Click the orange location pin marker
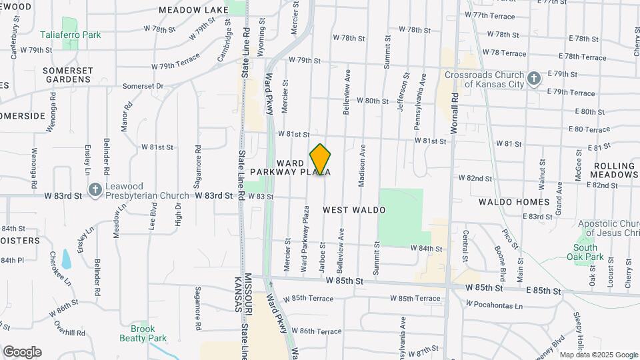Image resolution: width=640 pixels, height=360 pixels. click(x=321, y=159)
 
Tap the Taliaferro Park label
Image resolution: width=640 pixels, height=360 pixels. click(x=79, y=35)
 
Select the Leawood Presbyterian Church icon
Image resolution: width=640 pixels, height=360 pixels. click(x=95, y=190)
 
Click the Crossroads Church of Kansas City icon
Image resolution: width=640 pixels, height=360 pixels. click(x=533, y=79)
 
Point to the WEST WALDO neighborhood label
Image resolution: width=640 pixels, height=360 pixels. click(x=354, y=210)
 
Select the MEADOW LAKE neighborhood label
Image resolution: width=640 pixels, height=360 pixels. click(x=193, y=10)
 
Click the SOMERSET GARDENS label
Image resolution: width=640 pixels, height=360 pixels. click(x=66, y=74)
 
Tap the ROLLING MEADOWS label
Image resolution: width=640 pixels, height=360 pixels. click(x=614, y=170)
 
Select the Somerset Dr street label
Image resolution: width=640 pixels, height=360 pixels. click(x=143, y=86)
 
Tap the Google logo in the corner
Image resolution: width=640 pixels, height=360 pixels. click(x=22, y=352)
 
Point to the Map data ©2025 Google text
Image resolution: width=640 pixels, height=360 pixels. click(x=598, y=355)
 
